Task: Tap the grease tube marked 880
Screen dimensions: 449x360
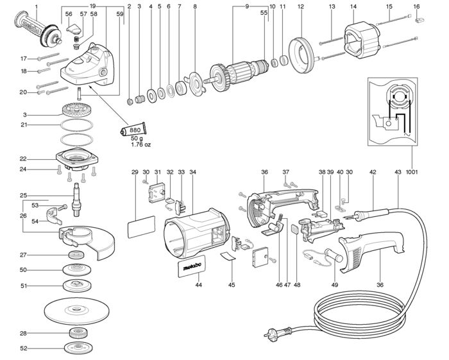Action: point(133,130)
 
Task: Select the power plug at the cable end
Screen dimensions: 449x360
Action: point(277,332)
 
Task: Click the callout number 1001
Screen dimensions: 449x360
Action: point(412,172)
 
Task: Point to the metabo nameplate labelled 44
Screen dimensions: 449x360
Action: point(192,266)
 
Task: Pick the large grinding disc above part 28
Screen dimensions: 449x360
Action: point(77,310)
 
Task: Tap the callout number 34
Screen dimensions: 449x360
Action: point(192,172)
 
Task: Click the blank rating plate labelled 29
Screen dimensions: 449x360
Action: point(141,227)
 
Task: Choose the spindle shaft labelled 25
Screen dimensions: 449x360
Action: point(78,200)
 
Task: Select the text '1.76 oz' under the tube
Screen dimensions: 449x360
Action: point(141,144)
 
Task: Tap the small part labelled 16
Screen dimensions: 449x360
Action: point(419,20)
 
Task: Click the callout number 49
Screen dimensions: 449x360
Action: point(334,285)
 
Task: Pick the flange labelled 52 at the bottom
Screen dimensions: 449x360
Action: point(77,348)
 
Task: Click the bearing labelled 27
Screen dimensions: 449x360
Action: point(77,255)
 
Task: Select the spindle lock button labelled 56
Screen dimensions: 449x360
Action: point(74,29)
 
